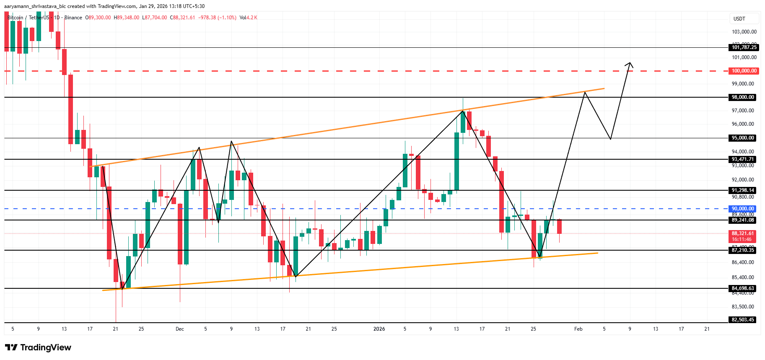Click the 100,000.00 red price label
744,71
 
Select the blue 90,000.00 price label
743,209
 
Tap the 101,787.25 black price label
744,47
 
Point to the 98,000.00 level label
743,97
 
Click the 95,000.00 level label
743,138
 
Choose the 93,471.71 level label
743,159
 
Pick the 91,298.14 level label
743,190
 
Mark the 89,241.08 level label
743,220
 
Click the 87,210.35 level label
743,250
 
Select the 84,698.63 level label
743,288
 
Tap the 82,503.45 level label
743,320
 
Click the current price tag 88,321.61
743,233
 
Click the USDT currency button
739,19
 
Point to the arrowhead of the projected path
629,64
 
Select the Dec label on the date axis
180,329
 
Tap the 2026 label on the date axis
379,329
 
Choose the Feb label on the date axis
578,329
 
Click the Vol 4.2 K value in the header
248,18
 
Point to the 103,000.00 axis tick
744,32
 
